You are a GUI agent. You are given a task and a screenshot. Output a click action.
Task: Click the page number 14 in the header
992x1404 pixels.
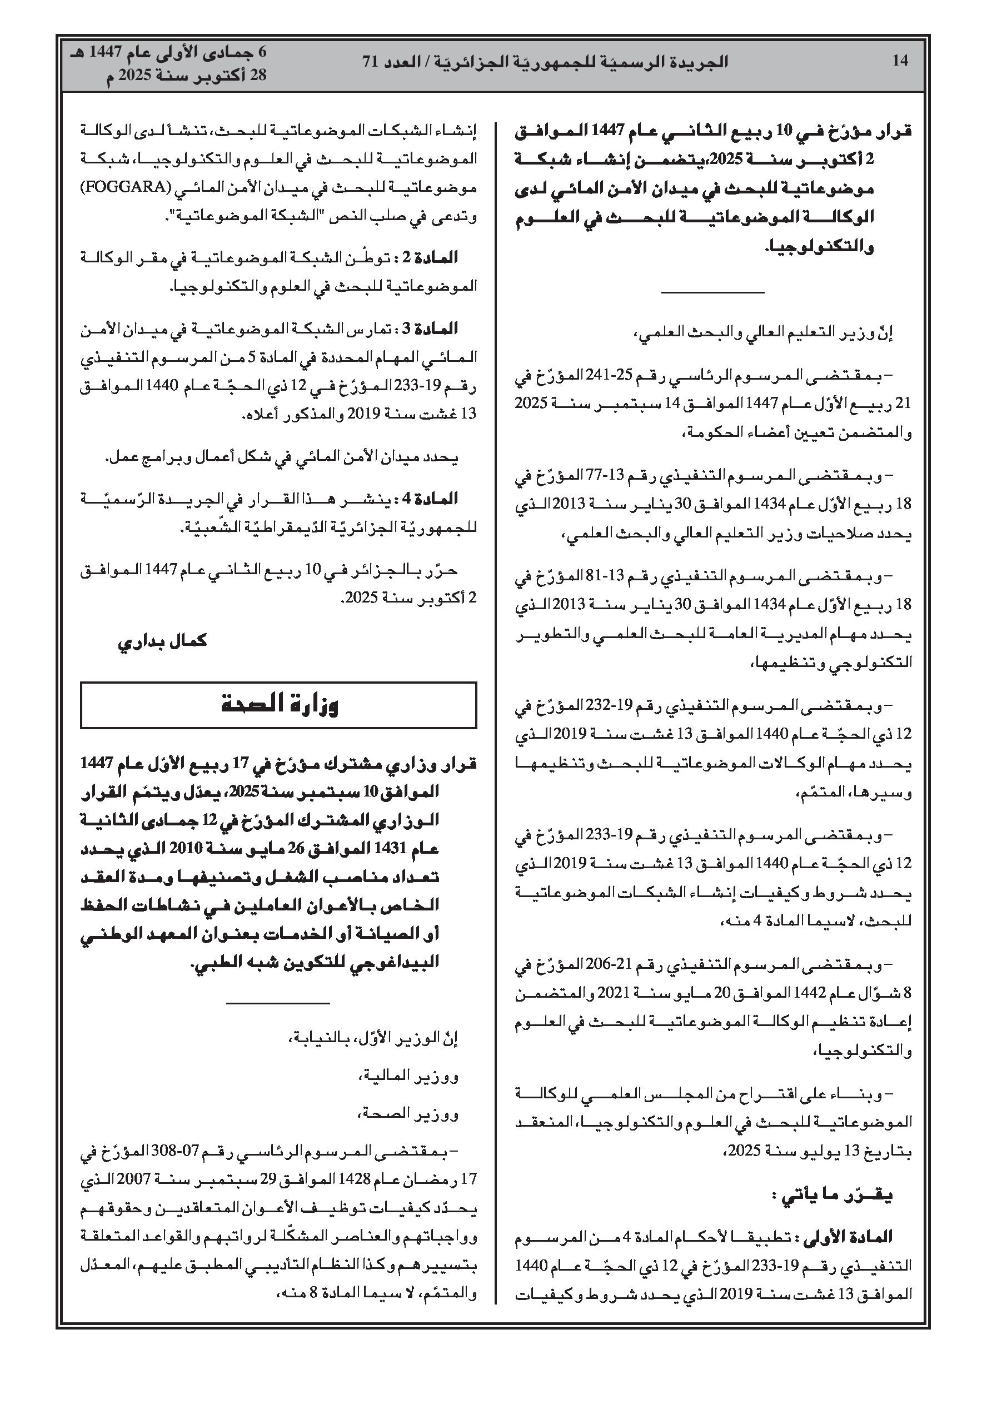(x=900, y=61)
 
